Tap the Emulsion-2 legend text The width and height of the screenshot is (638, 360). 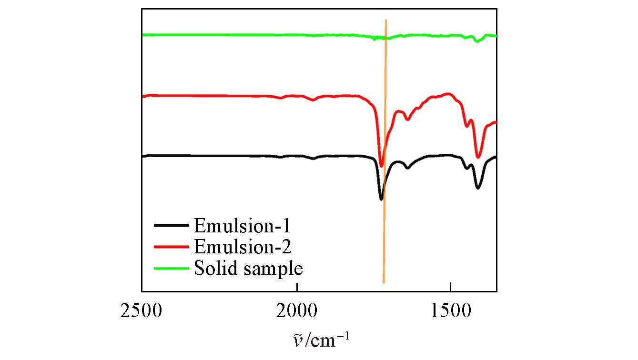coord(243,247)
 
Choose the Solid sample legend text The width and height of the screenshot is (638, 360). coord(248,269)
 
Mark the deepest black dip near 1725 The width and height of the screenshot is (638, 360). coord(381,199)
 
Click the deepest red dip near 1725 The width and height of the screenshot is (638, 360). coord(381,166)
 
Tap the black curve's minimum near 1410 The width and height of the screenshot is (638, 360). coord(478,188)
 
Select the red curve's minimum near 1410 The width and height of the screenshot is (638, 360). coord(478,157)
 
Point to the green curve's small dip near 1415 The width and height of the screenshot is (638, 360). coord(476,41)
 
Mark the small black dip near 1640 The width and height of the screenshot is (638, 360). coord(407,168)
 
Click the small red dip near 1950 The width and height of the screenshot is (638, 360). coord(313,100)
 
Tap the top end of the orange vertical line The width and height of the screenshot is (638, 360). coord(386,20)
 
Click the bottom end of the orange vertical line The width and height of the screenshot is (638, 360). coord(384,283)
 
